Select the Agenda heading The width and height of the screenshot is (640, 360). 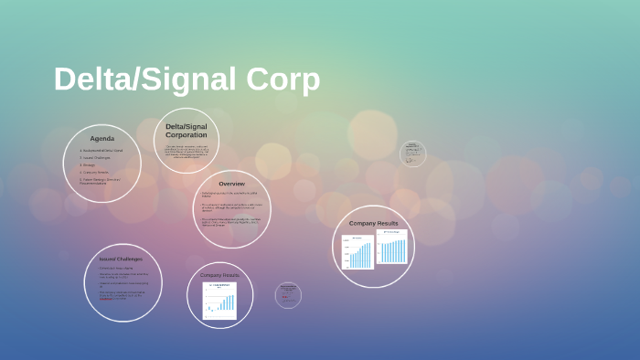click(x=101, y=138)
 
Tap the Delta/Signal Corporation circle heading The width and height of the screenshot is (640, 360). click(x=186, y=131)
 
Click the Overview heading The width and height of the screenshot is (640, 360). click(x=231, y=184)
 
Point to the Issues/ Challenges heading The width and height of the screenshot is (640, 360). click(x=121, y=259)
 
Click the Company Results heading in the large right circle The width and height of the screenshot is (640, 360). click(x=373, y=223)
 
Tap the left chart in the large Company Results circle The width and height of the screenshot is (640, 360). click(x=357, y=252)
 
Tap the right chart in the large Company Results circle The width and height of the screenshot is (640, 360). click(x=392, y=248)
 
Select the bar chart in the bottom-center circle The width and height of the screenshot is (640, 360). click(x=219, y=301)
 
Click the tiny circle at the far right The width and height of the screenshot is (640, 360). click(x=413, y=153)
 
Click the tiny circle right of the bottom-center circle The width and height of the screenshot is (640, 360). click(x=288, y=294)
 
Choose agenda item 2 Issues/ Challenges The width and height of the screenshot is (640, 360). click(x=95, y=157)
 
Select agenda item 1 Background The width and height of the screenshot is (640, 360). click(x=101, y=150)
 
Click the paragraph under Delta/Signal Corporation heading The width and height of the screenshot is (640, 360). click(x=186, y=152)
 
